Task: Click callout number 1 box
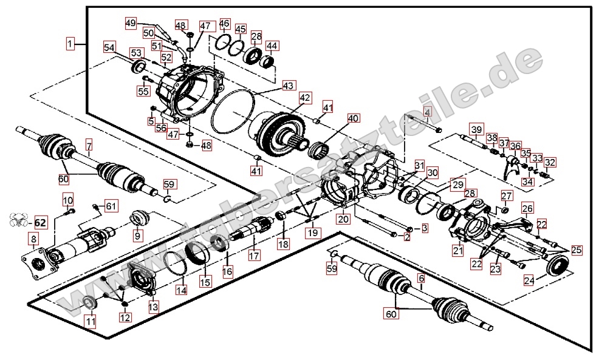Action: pyautogui.click(x=72, y=43)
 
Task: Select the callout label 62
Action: pyautogui.click(x=41, y=222)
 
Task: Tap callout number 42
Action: pyautogui.click(x=305, y=98)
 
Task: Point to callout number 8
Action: pyautogui.click(x=33, y=240)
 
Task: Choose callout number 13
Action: pyautogui.click(x=153, y=308)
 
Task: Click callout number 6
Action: pyautogui.click(x=421, y=279)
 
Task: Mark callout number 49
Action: pyautogui.click(x=131, y=23)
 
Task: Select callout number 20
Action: pyautogui.click(x=344, y=219)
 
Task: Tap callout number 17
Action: pyautogui.click(x=254, y=256)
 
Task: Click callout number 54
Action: pyautogui.click(x=109, y=47)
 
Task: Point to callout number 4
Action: pyautogui.click(x=427, y=112)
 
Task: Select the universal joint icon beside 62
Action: pyautogui.click(x=18, y=222)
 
